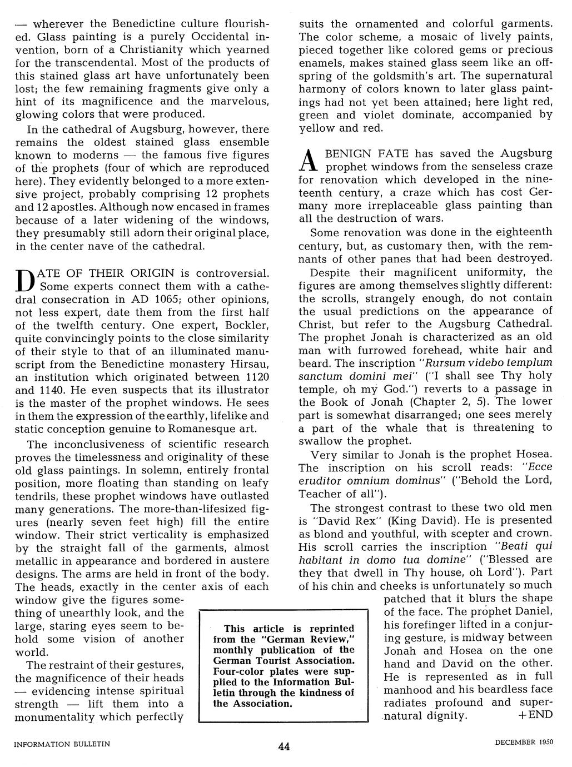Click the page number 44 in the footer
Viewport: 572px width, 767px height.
tap(284, 746)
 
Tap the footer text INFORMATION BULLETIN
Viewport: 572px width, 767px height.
tap(62, 743)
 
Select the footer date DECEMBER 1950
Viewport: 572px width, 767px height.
tap(523, 743)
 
